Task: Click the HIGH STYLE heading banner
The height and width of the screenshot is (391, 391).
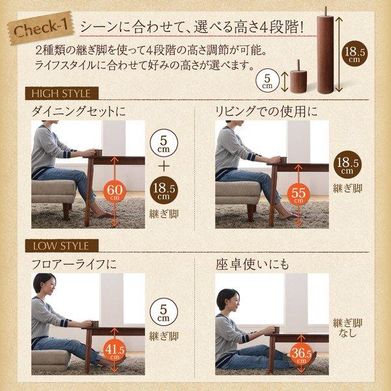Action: coord(61,93)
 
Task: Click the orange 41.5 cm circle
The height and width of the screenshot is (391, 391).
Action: coord(115,351)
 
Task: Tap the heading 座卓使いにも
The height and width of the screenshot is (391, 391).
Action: coord(252,265)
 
